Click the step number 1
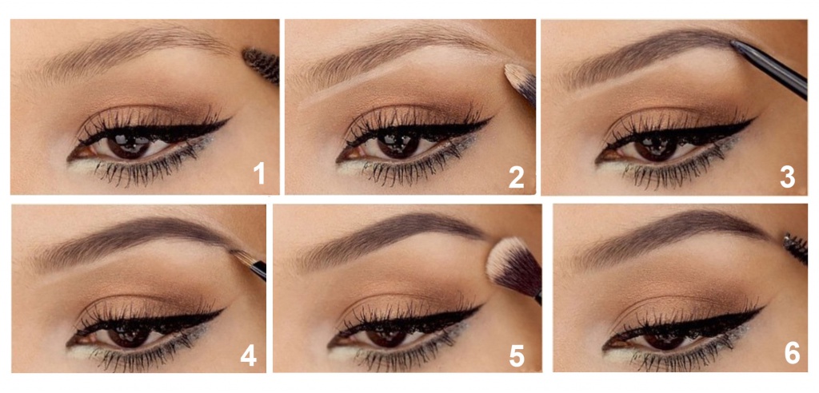click(x=258, y=174)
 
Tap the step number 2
click(x=516, y=177)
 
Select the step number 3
click(x=787, y=177)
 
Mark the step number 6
click(x=792, y=353)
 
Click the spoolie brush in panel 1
click(x=262, y=65)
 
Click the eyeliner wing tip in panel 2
click(x=492, y=119)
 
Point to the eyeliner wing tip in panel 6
click(x=764, y=308)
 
